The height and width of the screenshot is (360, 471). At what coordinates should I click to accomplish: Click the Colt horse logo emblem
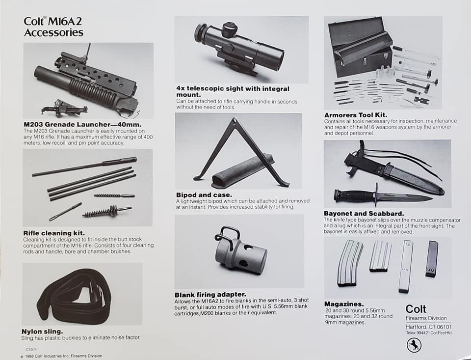(x=414, y=345)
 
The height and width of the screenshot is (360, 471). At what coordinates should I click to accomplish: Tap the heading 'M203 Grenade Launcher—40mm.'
(x=82, y=124)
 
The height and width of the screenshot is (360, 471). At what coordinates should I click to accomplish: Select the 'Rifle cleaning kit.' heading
(x=54, y=233)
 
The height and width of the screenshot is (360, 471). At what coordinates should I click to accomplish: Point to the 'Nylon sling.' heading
(x=42, y=332)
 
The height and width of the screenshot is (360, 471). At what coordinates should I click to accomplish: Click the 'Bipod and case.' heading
(x=204, y=195)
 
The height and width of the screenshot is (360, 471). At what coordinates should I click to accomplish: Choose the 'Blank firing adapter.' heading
(x=210, y=295)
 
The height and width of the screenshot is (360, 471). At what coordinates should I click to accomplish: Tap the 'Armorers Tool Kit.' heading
(x=356, y=115)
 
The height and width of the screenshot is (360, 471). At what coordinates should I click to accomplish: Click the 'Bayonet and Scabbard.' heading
(x=364, y=214)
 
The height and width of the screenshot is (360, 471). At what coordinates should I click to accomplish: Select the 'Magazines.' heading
(x=344, y=304)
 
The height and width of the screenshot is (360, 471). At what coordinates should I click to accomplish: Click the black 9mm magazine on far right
(x=432, y=259)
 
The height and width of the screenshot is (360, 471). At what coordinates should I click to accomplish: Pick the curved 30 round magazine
(x=349, y=263)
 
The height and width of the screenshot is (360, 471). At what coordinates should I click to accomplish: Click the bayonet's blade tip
(x=432, y=198)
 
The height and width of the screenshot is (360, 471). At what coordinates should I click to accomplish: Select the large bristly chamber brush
(x=107, y=211)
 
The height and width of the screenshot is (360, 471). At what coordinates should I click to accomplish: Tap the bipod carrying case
(x=243, y=171)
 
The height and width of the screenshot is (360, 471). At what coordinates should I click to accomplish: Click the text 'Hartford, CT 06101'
(x=429, y=327)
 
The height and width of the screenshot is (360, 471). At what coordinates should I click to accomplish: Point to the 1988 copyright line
(x=61, y=356)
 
